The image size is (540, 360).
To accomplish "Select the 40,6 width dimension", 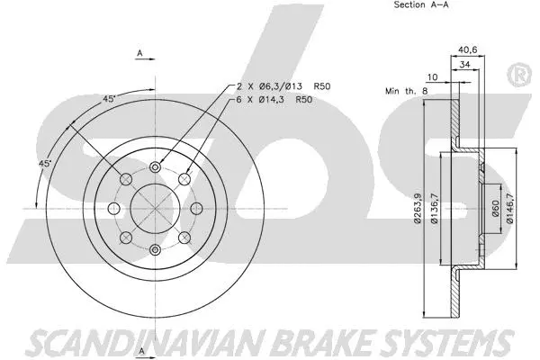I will pyautogui.click(x=467, y=50).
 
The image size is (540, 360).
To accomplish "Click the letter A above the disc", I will pyautogui.click(x=139, y=54).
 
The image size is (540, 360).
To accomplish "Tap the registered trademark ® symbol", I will pyautogui.click(x=521, y=76).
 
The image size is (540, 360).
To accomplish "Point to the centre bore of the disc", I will pyautogui.click(x=155, y=207).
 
